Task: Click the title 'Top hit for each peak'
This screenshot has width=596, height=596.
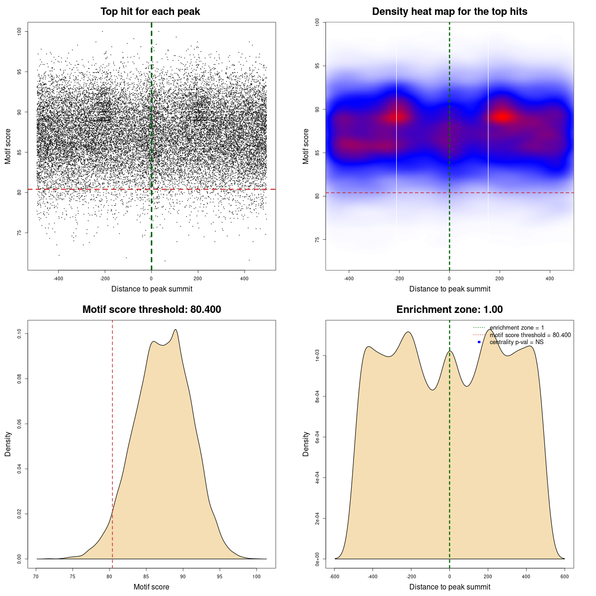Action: (150, 12)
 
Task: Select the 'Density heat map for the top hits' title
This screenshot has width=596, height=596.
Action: (449, 12)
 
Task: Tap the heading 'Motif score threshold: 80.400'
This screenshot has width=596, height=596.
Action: (151, 310)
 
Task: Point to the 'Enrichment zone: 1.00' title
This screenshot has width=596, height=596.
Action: (449, 310)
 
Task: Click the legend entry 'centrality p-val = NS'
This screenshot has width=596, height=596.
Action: (516, 342)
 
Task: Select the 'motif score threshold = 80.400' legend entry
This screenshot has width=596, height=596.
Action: (530, 335)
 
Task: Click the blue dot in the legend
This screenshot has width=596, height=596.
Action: (479, 342)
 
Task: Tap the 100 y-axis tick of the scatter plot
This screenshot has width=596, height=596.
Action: (19, 31)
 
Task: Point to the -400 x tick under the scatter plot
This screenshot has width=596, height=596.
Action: (58, 278)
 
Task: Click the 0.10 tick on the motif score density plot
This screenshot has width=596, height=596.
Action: (19, 333)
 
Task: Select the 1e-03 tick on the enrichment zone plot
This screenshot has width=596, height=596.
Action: (317, 356)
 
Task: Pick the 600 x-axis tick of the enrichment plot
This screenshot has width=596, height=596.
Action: (564, 576)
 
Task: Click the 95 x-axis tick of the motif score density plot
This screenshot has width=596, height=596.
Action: (220, 576)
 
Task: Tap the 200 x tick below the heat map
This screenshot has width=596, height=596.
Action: (500, 278)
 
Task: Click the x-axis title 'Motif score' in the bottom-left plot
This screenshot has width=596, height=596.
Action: (151, 587)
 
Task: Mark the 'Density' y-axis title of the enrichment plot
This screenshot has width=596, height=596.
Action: (306, 444)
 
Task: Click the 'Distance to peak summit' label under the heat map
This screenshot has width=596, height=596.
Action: (449, 289)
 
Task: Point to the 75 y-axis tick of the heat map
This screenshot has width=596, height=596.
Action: (317, 239)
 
